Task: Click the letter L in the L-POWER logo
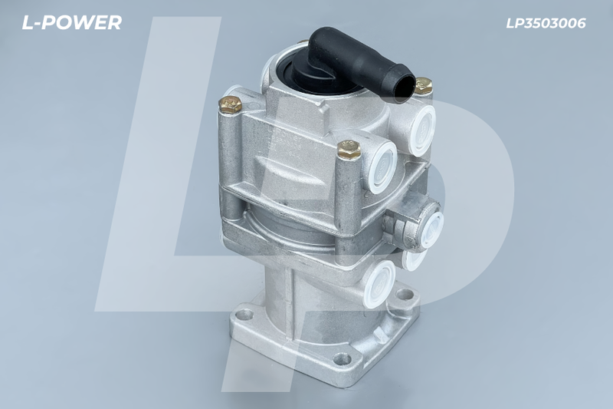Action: coord(29,23)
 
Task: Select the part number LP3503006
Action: coord(546,23)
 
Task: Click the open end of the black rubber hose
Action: coord(404,88)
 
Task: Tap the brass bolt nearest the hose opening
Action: coord(423,85)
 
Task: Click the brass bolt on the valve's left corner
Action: coord(230,105)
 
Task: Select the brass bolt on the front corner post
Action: coord(349,149)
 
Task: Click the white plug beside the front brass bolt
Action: coord(381,165)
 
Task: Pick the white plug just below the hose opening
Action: coord(421,130)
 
